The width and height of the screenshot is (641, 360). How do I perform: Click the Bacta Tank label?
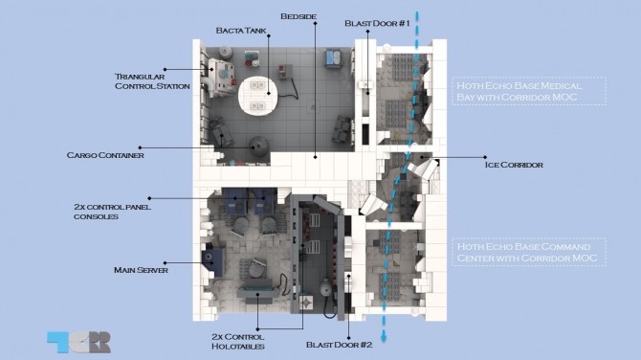point(241,31)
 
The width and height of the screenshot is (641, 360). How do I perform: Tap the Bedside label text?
point(298,17)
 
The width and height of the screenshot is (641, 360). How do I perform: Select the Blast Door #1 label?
point(377,23)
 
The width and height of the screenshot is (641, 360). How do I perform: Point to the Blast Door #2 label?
point(340,345)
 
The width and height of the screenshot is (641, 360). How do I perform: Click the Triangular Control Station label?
point(152,81)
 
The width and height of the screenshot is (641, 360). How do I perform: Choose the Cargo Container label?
point(105,155)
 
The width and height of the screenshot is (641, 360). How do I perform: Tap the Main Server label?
point(141,270)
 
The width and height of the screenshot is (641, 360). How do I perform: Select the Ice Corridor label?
point(514,165)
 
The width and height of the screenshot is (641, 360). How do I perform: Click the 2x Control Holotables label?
point(238,342)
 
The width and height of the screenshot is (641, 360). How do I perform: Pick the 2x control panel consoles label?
point(113,212)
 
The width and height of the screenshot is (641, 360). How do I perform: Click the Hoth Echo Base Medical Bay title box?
point(529,91)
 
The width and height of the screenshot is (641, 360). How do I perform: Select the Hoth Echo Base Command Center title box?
point(529,252)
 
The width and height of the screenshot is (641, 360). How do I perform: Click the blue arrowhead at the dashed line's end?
point(384,338)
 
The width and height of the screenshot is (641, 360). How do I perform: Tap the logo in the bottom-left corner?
point(78,342)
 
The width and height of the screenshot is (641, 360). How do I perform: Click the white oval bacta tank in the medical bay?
point(258,96)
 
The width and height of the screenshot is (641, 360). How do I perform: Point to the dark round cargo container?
point(259,146)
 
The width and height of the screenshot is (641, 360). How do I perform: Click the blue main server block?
point(212,260)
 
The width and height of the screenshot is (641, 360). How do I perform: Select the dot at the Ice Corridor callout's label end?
point(485,157)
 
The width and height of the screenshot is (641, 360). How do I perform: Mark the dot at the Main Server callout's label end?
point(165,263)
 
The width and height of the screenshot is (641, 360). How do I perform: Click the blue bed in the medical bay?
point(332,58)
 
